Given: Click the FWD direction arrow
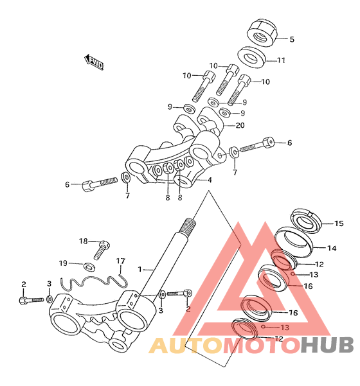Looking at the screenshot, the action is (93, 62).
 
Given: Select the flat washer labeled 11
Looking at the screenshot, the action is (252, 57).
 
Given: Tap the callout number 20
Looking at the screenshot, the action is (240, 125).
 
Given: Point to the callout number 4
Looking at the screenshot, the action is (210, 180).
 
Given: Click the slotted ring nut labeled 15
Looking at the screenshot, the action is (306, 220).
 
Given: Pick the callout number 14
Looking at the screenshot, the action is (332, 248).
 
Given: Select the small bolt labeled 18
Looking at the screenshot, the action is (102, 250).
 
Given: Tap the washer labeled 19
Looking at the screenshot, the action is (89, 267).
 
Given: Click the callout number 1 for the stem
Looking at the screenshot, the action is (140, 269).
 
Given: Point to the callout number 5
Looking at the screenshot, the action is (292, 39).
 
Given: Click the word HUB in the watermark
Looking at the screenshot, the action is (327, 345).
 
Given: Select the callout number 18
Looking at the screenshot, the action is (84, 241).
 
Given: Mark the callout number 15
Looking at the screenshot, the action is (339, 224).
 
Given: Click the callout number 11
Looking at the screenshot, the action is (281, 60).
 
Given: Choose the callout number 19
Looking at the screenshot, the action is (63, 263).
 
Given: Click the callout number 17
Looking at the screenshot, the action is (121, 261).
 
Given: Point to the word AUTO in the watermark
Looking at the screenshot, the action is (186, 345).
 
